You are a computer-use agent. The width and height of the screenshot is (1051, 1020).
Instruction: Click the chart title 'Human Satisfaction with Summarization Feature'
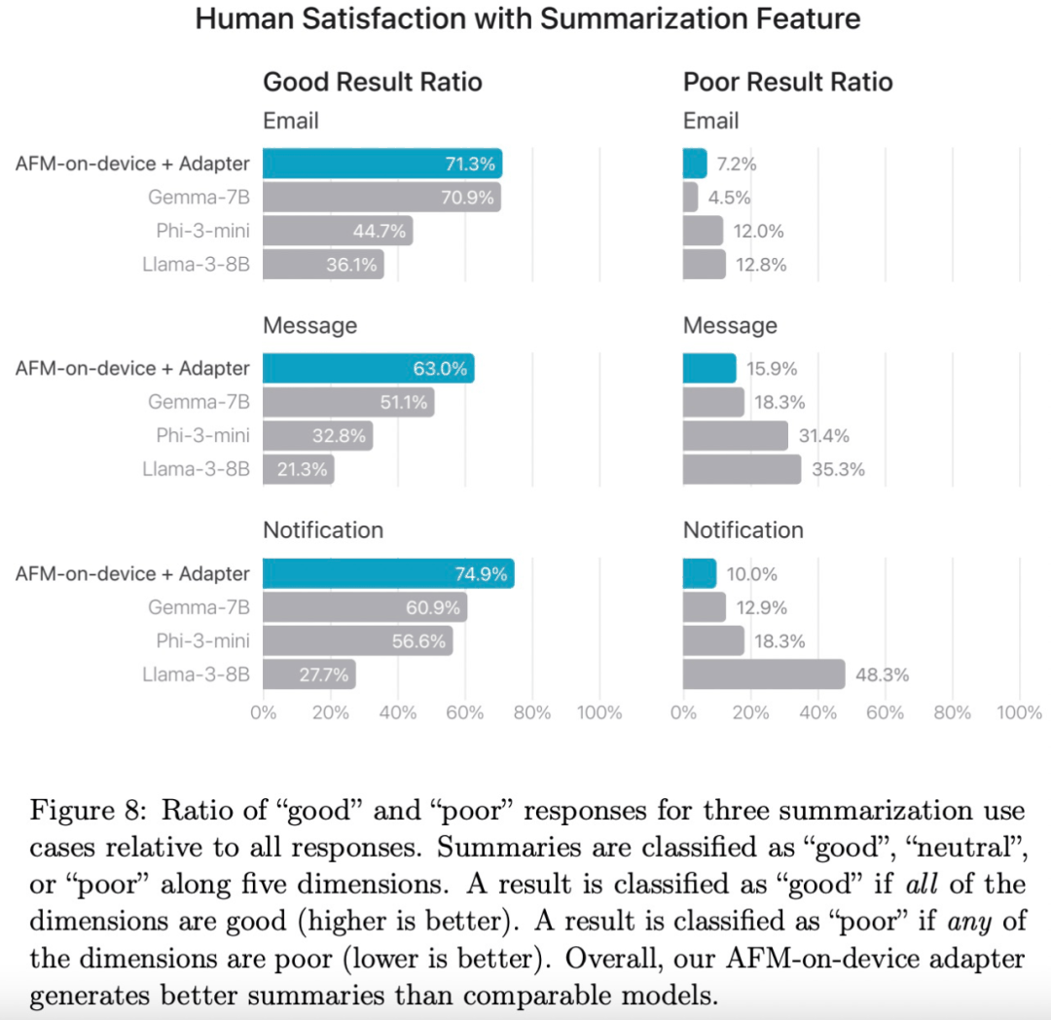[x=527, y=18]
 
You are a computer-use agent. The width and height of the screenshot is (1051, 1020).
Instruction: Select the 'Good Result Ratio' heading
[x=373, y=82]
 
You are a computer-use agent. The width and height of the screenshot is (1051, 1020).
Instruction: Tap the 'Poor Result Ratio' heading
[x=787, y=82]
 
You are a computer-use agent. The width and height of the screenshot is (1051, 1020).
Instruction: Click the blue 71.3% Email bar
[x=381, y=164]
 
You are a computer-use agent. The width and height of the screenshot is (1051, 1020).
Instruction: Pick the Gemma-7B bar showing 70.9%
[x=381, y=198]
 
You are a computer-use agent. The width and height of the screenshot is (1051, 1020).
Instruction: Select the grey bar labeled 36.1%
[x=323, y=265]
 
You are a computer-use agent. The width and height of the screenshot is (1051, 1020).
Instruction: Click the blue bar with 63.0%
[x=368, y=369]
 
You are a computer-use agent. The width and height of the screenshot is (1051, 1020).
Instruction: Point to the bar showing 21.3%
[x=298, y=470]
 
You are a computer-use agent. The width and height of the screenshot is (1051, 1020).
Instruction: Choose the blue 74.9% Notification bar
[x=388, y=574]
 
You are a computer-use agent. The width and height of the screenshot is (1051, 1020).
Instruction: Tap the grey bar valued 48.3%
[x=764, y=674]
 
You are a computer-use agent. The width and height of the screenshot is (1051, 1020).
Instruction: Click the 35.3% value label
[x=837, y=470]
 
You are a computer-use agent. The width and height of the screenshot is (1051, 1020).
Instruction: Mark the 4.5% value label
[x=729, y=198]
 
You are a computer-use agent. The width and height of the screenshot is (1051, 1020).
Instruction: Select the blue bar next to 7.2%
[x=695, y=164]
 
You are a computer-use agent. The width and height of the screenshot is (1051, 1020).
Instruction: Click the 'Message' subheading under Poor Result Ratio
[x=730, y=325]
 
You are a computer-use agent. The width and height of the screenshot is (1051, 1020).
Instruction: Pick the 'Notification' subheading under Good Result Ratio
[x=323, y=530]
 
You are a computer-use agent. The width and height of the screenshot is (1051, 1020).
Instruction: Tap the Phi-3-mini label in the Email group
[x=202, y=231]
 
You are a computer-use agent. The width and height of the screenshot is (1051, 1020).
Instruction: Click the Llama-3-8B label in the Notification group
[x=196, y=674]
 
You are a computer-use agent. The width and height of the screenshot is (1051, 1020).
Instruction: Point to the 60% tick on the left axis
[x=464, y=713]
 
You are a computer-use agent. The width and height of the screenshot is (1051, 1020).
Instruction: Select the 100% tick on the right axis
[x=1019, y=713]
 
